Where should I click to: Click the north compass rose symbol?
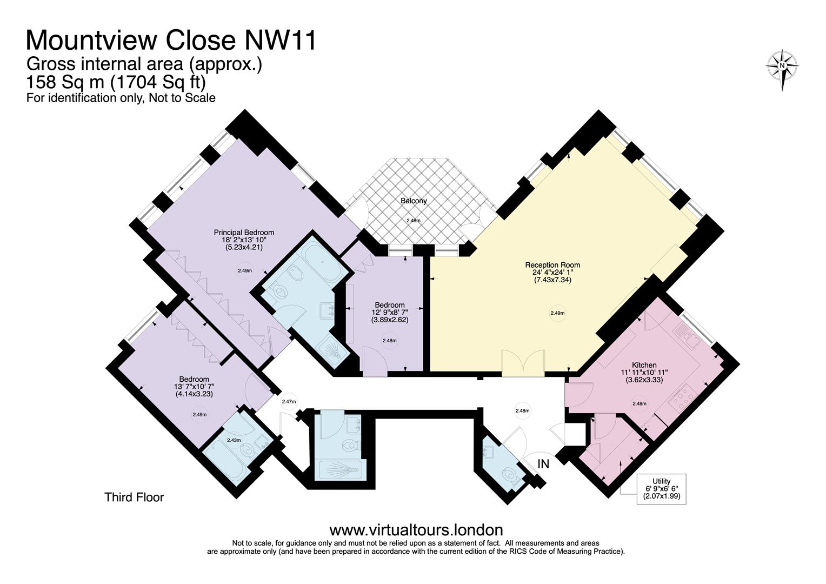click(x=782, y=67)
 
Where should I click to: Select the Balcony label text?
click(x=414, y=201)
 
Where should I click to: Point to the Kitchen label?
click(x=644, y=365)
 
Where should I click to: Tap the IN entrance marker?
click(x=543, y=464)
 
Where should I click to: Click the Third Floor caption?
click(x=134, y=497)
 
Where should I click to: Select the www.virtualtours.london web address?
click(x=416, y=529)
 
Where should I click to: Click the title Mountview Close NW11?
click(x=171, y=41)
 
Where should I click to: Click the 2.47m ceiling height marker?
click(x=289, y=402)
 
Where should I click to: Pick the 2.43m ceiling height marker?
click(x=234, y=440)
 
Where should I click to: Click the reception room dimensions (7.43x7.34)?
click(x=552, y=280)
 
